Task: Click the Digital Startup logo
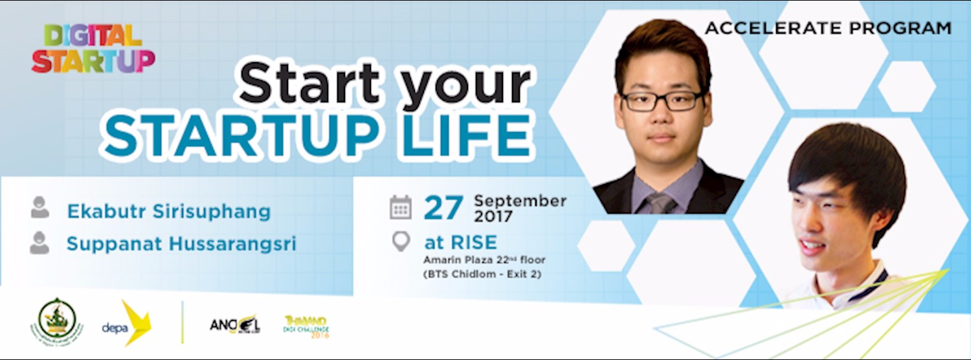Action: pyautogui.click(x=93, y=48)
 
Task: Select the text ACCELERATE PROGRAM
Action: pyautogui.click(x=828, y=28)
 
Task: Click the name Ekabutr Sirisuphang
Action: pyautogui.click(x=168, y=211)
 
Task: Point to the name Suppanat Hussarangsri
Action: pyautogui.click(x=181, y=244)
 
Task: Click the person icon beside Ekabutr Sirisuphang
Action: pyautogui.click(x=40, y=207)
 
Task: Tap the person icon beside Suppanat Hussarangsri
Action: pyautogui.click(x=40, y=242)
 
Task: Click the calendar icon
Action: pyautogui.click(x=401, y=207)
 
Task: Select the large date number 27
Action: pyautogui.click(x=443, y=208)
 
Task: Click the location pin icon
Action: pyautogui.click(x=401, y=242)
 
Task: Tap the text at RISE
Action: pyautogui.click(x=460, y=243)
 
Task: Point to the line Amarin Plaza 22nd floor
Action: pyautogui.click(x=484, y=260)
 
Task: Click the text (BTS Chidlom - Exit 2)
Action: pyautogui.click(x=482, y=274)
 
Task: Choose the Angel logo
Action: pyautogui.click(x=234, y=324)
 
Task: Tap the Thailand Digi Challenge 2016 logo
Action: pyautogui.click(x=306, y=326)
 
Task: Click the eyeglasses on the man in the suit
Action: pyautogui.click(x=662, y=100)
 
